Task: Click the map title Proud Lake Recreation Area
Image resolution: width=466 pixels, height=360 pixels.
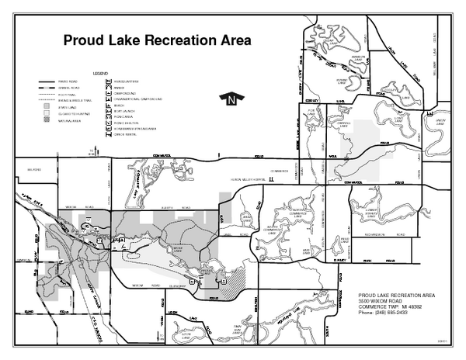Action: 157,41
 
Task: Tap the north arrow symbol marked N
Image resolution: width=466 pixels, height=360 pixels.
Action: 230,99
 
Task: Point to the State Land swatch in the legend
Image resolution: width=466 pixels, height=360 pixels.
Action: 45,108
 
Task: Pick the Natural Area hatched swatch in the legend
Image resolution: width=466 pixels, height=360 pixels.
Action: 45,122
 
